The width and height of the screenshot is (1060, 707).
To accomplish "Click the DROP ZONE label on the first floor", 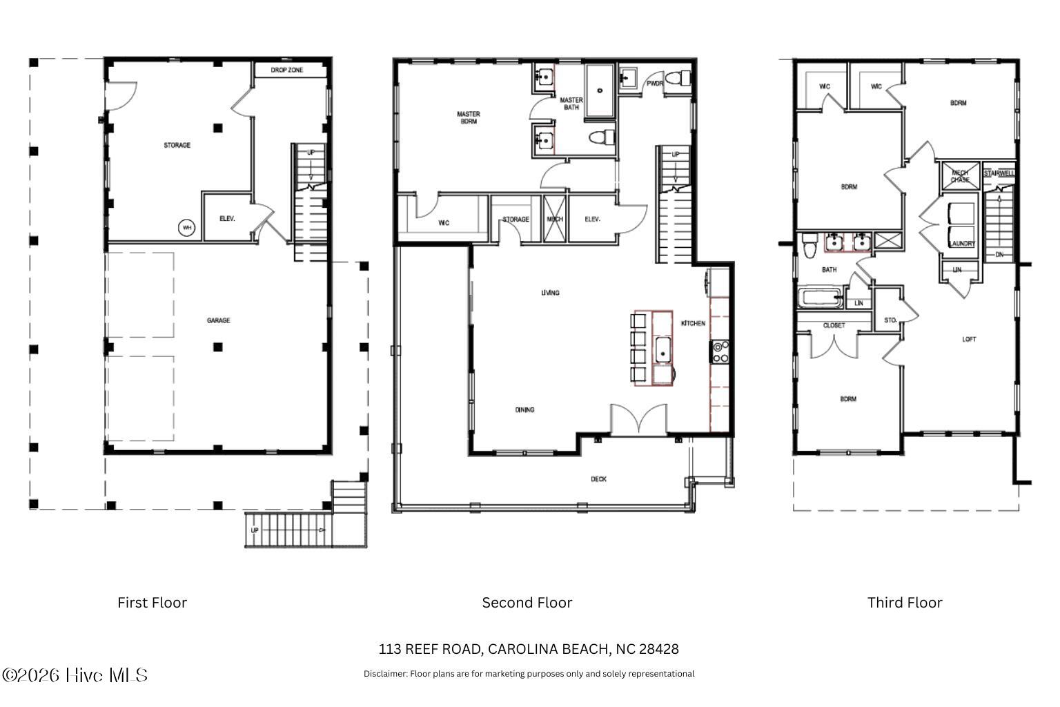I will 286,70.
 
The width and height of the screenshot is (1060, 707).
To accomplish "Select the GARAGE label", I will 219,320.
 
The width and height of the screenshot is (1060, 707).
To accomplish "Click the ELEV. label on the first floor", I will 228,219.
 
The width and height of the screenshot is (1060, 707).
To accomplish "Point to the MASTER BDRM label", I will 469,117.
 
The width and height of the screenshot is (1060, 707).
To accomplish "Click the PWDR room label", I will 654,84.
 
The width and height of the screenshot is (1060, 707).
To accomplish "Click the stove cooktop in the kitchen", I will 720,351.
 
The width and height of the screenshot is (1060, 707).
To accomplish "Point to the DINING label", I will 524,410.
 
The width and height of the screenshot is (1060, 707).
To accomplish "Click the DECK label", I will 598,479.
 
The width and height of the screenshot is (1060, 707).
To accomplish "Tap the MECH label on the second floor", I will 555,220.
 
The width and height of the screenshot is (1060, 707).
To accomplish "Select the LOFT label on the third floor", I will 970,340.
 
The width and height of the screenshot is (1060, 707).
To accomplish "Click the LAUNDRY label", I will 961,244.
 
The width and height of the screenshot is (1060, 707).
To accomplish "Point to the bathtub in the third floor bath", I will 821,299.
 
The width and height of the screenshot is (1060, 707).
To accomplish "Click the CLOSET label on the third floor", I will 834,326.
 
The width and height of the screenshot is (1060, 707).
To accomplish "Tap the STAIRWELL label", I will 999,174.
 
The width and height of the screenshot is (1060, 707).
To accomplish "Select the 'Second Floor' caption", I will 527,603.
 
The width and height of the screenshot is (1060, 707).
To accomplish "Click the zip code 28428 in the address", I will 659,649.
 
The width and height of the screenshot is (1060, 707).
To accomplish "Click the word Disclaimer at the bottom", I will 385,674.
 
